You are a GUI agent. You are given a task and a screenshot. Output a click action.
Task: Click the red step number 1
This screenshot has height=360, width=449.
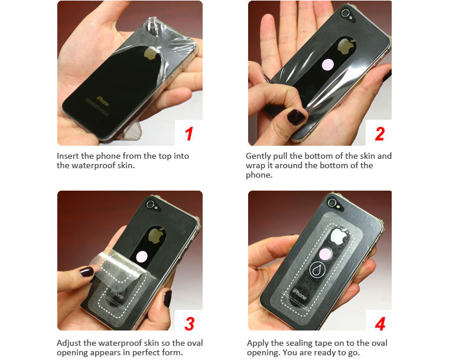click(188, 134)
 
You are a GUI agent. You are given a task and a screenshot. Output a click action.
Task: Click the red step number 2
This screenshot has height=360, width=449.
click(380, 134)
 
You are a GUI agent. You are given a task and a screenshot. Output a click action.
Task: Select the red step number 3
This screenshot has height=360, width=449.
click(189, 324)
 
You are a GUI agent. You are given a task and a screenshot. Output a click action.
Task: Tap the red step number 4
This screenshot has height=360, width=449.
click(380, 324)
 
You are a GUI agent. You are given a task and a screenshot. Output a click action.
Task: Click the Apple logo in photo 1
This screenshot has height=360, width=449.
click(151, 53)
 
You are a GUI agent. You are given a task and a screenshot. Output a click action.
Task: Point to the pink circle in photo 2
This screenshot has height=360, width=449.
click(327, 64)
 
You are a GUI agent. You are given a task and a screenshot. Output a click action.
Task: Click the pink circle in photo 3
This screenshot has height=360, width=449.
click(142, 256)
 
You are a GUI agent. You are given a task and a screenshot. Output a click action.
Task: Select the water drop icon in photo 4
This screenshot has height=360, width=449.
click(317, 270)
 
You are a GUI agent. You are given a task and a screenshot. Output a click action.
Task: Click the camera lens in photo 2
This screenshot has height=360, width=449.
click(346, 12)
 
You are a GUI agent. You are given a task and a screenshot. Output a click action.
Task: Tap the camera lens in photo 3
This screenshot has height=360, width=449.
click(150, 204)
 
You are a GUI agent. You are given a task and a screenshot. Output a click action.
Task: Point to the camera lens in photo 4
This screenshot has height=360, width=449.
click(332, 203)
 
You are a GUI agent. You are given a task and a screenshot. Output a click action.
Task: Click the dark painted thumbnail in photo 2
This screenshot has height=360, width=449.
click(296, 117)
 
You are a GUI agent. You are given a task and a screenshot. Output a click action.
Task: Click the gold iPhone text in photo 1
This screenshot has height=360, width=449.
click(103, 101)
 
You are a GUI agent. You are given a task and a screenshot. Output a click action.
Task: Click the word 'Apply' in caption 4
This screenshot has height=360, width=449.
click(258, 343)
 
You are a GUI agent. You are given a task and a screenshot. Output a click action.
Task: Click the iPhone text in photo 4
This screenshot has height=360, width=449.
click(300, 294)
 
